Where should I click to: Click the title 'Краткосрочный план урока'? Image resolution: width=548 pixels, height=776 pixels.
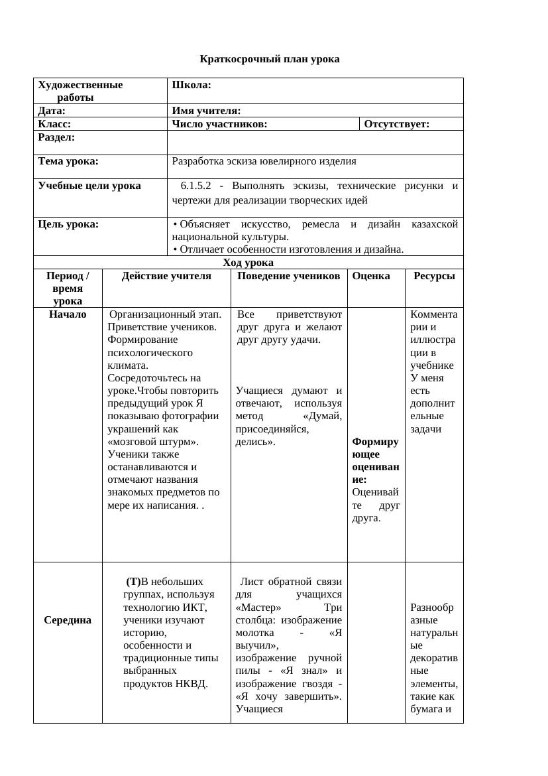[x=270, y=59]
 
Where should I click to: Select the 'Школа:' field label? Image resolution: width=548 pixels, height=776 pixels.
[x=192, y=85]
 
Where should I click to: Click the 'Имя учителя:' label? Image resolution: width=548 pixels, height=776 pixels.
[x=206, y=111]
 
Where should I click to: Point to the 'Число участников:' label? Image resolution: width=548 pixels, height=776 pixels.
[x=219, y=124]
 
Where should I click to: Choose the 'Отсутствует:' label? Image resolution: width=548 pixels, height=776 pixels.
[x=397, y=124]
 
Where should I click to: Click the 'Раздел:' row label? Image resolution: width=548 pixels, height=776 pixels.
[x=56, y=137]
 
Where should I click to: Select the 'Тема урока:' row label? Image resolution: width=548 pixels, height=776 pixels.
[x=68, y=161]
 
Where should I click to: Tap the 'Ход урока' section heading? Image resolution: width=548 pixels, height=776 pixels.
[x=248, y=262]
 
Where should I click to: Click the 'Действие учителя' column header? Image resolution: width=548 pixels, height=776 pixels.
[x=166, y=276]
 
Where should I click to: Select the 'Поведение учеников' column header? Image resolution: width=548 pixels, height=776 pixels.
[x=289, y=276]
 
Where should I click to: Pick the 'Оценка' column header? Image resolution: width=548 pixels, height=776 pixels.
[x=371, y=276]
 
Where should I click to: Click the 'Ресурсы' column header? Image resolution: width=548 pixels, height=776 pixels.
[x=434, y=276]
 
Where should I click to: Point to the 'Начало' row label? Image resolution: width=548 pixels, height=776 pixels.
[x=68, y=314]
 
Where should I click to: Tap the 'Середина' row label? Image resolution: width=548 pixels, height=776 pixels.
[x=68, y=620]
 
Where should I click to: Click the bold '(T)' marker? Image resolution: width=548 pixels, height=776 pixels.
[x=134, y=582]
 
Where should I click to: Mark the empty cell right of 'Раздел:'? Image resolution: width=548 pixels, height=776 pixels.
[x=315, y=142]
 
